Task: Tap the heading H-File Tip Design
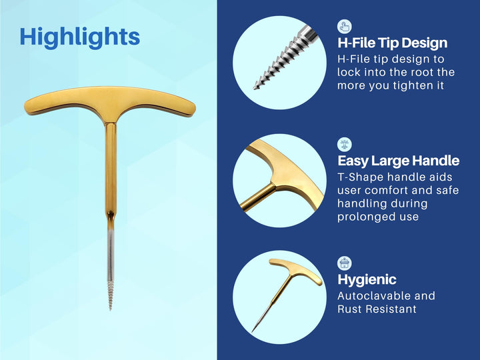[392, 43]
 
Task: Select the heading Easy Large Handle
[398, 161]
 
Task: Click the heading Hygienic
[367, 279]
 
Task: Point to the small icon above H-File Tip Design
[344, 27]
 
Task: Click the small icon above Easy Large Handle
[344, 144]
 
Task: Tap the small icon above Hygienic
[344, 263]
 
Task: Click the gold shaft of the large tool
[111, 167]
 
